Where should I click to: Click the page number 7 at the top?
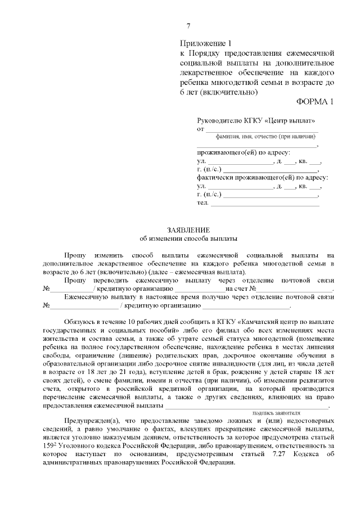coord(188,26)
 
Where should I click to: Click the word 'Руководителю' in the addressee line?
coord(220,120)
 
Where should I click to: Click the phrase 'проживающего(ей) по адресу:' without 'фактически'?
coord(244,152)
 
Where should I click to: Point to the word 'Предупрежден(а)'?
coord(89,421)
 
